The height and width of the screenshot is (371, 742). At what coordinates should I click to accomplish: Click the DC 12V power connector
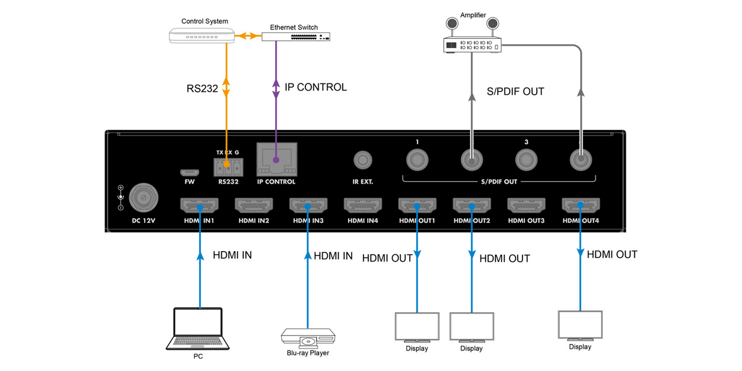[x=143, y=198]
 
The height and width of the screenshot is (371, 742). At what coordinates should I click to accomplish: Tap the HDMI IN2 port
[x=254, y=205]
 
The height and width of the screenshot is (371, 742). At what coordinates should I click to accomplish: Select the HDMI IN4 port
[x=363, y=205]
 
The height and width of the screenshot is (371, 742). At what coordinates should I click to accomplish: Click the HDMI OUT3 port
[x=526, y=205]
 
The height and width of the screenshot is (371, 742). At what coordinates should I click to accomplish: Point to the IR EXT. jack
[x=363, y=160]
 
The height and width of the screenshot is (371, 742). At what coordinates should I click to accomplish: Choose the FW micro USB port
[x=189, y=173]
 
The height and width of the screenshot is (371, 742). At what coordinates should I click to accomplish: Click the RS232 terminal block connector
[x=228, y=167]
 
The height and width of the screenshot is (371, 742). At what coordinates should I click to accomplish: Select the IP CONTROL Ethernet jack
[x=276, y=160]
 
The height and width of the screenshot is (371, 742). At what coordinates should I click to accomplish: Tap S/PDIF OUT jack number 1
[x=417, y=160]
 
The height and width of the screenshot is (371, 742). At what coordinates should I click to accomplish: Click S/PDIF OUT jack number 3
[x=526, y=160]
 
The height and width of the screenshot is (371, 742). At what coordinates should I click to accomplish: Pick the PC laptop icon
[x=198, y=328]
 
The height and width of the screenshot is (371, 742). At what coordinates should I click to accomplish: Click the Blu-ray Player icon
[x=308, y=338]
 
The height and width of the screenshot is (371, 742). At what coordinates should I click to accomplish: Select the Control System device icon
[x=202, y=35]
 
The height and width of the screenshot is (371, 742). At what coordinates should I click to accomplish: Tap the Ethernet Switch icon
[x=296, y=36]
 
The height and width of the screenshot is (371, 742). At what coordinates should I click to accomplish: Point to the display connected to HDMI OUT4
[x=580, y=326]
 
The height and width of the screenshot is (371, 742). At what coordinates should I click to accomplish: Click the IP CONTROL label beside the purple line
[x=316, y=87]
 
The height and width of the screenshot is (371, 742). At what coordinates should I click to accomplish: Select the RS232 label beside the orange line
[x=202, y=88]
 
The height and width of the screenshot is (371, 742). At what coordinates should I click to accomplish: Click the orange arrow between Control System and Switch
[x=248, y=35]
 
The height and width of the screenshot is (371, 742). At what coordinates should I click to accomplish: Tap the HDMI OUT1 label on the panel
[x=417, y=221]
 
